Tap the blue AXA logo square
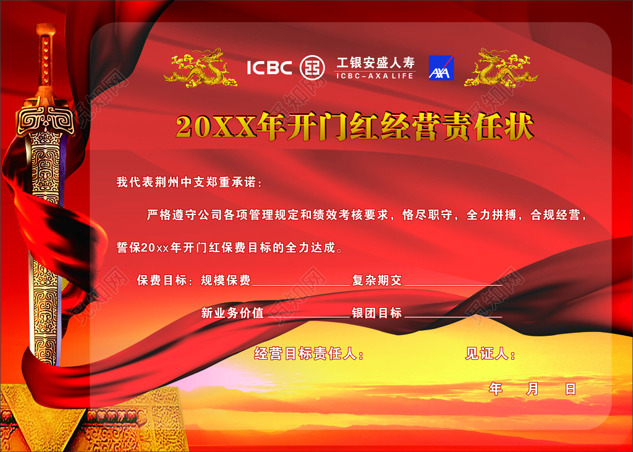pos(441,67)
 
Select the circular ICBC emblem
pos(312,67)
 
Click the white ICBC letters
pos(270,67)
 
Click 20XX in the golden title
pos(216,127)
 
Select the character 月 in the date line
pos(533,389)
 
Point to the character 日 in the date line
pos(571,389)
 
